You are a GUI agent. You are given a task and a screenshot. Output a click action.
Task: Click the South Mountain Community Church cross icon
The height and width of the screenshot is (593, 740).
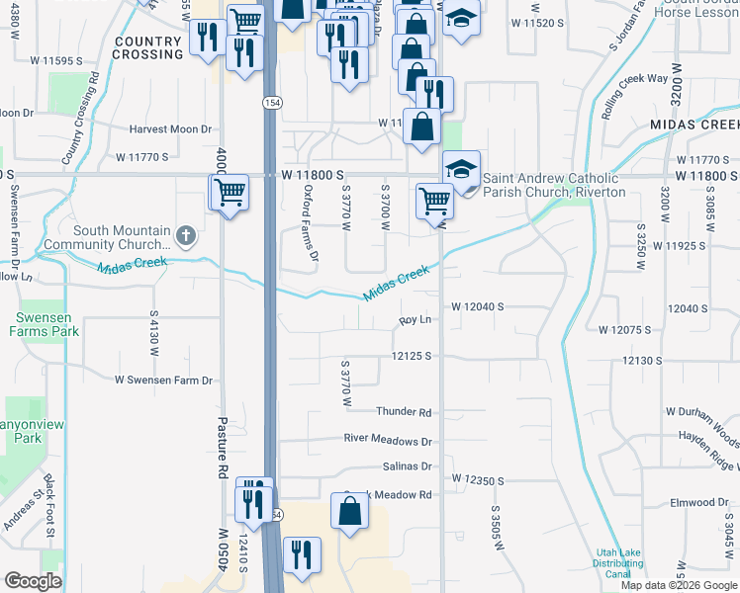(x=186, y=236)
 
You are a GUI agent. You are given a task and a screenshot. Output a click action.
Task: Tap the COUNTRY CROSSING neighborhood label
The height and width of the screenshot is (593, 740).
(x=148, y=47)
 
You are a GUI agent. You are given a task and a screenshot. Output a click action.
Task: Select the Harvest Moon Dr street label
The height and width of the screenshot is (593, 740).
(x=171, y=129)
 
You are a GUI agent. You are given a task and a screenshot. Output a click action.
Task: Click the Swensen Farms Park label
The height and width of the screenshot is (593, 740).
(x=46, y=324)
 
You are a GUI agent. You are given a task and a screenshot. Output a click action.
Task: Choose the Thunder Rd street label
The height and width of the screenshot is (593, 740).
(x=404, y=412)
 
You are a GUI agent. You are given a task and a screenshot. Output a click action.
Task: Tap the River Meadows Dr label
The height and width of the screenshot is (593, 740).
(x=388, y=440)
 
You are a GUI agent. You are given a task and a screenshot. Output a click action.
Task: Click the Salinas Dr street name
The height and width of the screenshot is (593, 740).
(x=407, y=466)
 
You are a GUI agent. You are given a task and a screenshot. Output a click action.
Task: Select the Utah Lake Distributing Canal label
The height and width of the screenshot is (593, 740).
(x=618, y=564)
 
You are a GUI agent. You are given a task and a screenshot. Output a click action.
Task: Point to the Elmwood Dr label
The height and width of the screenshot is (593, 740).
(x=698, y=503)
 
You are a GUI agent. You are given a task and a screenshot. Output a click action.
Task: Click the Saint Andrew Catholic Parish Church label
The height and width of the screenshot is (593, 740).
(x=554, y=185)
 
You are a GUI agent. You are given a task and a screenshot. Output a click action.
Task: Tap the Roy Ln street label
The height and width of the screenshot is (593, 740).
(x=416, y=320)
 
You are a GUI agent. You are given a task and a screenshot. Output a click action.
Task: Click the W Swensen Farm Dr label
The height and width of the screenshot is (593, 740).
(x=163, y=380)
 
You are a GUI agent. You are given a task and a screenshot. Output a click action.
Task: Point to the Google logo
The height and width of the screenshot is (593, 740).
(x=33, y=581)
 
